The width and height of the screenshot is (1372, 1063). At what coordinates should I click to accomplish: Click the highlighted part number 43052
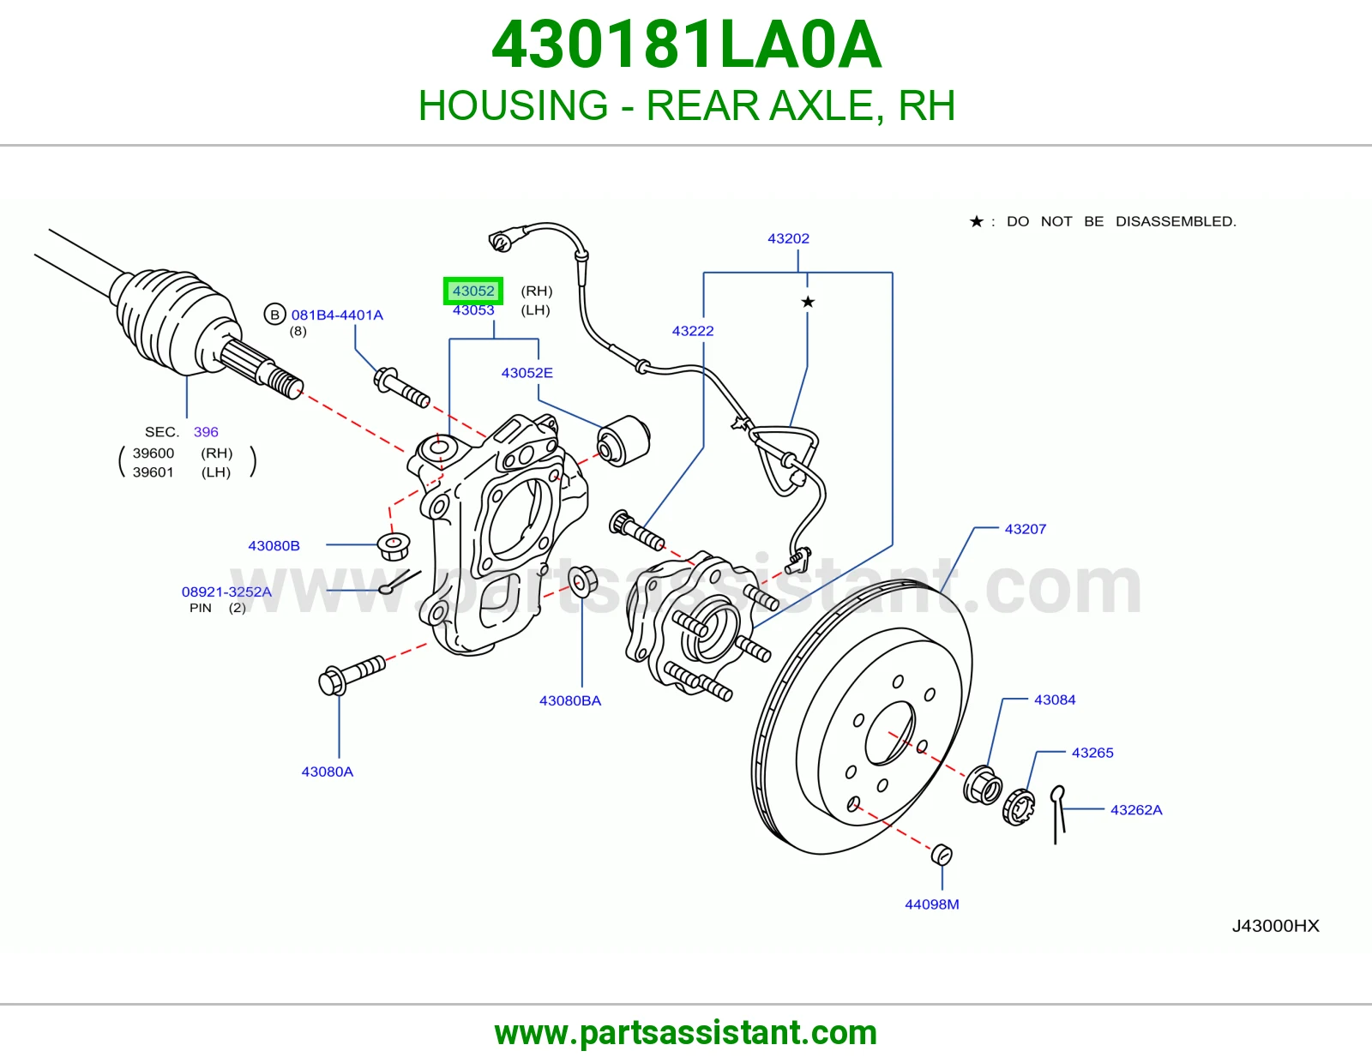(472, 291)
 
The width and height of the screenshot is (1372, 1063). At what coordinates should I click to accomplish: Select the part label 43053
(472, 310)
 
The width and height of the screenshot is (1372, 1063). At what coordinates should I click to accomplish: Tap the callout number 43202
(788, 238)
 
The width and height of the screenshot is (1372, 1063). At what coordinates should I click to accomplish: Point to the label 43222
(693, 331)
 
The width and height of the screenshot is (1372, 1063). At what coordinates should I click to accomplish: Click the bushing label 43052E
(527, 372)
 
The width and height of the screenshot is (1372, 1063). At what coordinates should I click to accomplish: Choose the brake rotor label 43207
(1026, 529)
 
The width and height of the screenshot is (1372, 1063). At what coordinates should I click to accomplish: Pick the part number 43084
(1055, 700)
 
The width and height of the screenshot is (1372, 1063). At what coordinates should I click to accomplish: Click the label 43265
(1092, 753)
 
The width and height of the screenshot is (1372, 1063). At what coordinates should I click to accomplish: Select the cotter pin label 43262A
(1136, 810)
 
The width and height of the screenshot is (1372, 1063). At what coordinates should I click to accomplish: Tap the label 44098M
(931, 904)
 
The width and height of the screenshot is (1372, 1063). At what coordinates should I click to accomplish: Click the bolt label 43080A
(327, 772)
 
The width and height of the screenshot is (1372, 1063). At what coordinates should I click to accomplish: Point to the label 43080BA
(569, 700)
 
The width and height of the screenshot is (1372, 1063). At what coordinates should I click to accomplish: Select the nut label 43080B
(274, 545)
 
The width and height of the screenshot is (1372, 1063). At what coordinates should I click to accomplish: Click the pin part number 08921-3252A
(226, 592)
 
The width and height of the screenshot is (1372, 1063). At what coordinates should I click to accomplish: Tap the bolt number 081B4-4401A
(337, 315)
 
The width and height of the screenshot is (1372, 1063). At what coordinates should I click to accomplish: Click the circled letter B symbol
(274, 315)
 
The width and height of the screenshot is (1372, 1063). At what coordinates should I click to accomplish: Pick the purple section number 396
(206, 432)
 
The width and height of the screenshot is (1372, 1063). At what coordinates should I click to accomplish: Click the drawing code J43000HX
(1275, 926)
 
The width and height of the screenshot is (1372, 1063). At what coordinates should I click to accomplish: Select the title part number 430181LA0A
(686, 45)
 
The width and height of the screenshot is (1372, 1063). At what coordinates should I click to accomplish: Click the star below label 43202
(808, 302)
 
